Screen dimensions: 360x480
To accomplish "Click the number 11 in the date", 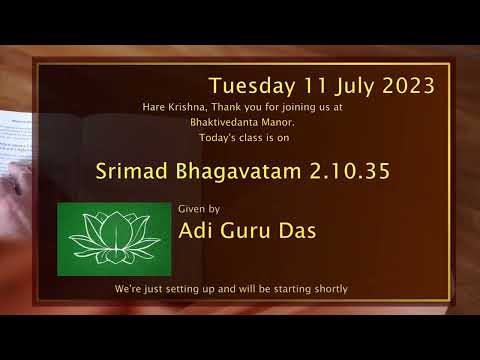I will [308, 86].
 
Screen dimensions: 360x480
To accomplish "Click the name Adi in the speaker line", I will [195, 231].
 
